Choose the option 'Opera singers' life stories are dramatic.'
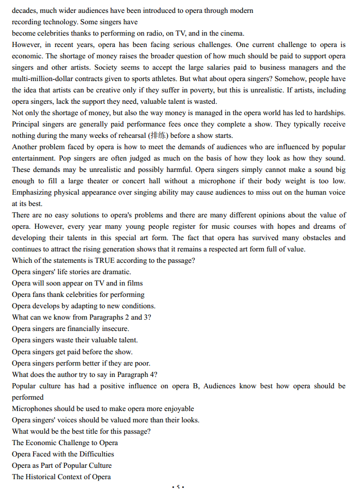point(71,272)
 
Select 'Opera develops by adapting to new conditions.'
point(83,306)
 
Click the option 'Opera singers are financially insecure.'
point(70,328)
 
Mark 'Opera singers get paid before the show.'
point(72,352)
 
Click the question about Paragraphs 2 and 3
point(82,317)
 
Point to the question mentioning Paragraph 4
point(85,374)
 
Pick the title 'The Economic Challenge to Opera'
point(65,443)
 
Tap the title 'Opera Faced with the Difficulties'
point(63,454)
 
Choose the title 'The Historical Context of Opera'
point(61,477)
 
